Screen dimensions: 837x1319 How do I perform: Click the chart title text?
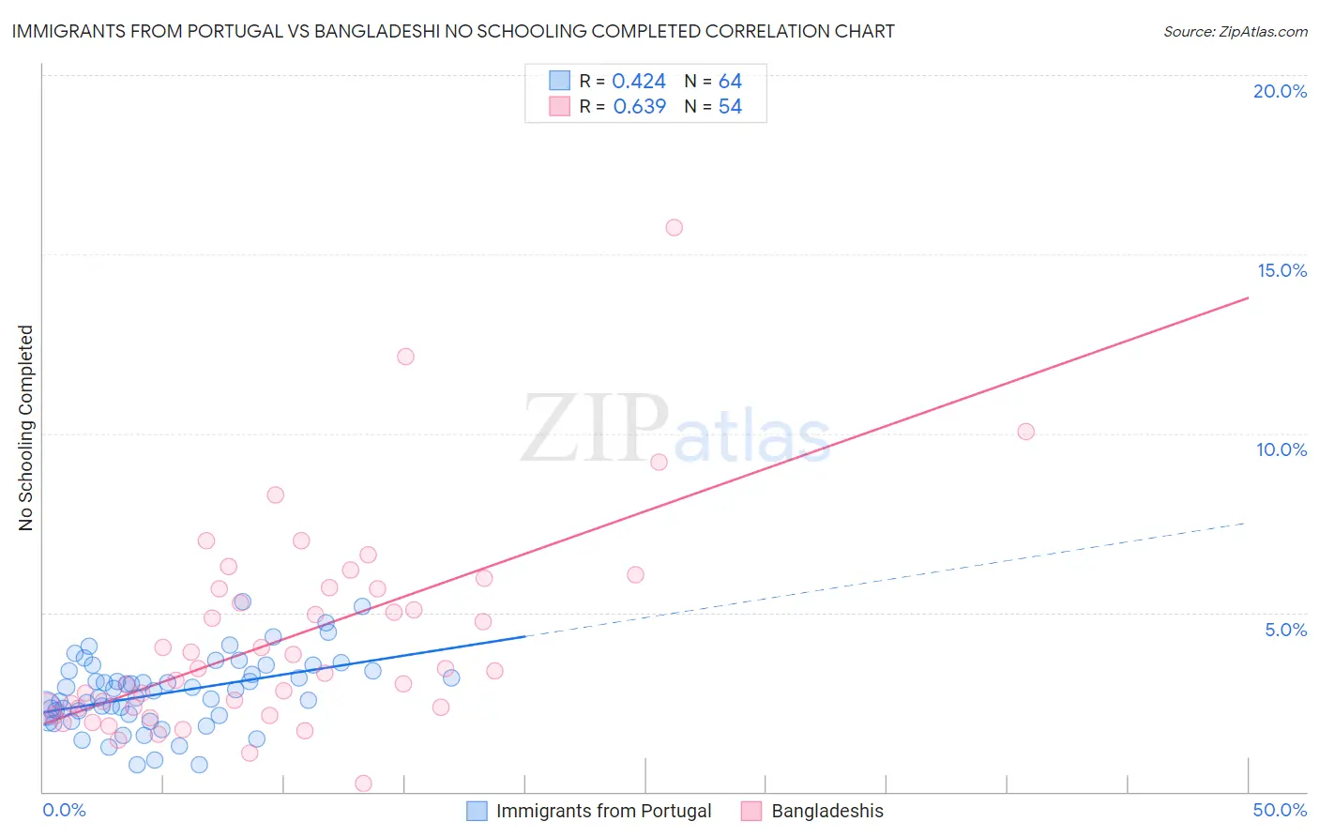(x=453, y=31)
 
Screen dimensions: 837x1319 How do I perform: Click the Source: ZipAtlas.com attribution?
(x=1235, y=31)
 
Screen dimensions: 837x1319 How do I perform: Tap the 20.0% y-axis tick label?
(x=1280, y=91)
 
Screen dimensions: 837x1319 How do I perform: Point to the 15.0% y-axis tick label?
(x=1281, y=270)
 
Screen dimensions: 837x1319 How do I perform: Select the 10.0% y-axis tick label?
(x=1281, y=449)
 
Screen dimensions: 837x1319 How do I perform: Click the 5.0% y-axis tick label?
(x=1285, y=630)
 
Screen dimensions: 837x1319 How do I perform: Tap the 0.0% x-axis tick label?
(x=64, y=810)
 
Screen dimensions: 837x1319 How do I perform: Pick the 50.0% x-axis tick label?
(x=1280, y=810)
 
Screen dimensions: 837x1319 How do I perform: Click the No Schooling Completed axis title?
(x=26, y=428)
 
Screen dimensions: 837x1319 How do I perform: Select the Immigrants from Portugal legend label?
(x=603, y=811)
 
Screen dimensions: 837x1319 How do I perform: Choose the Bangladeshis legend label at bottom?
(x=826, y=811)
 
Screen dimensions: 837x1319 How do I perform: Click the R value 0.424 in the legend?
(x=639, y=82)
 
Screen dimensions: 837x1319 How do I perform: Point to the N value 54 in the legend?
(x=730, y=107)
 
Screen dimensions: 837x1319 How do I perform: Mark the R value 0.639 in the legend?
(x=639, y=107)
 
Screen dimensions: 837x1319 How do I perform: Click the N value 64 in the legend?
(x=730, y=82)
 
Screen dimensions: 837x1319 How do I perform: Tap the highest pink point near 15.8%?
(x=674, y=227)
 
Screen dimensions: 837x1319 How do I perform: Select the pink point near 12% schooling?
(x=405, y=357)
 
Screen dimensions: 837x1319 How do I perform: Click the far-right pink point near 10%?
(x=1025, y=432)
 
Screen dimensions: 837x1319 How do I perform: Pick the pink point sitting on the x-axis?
(x=363, y=784)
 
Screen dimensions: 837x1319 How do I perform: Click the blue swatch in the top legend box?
(x=559, y=81)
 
